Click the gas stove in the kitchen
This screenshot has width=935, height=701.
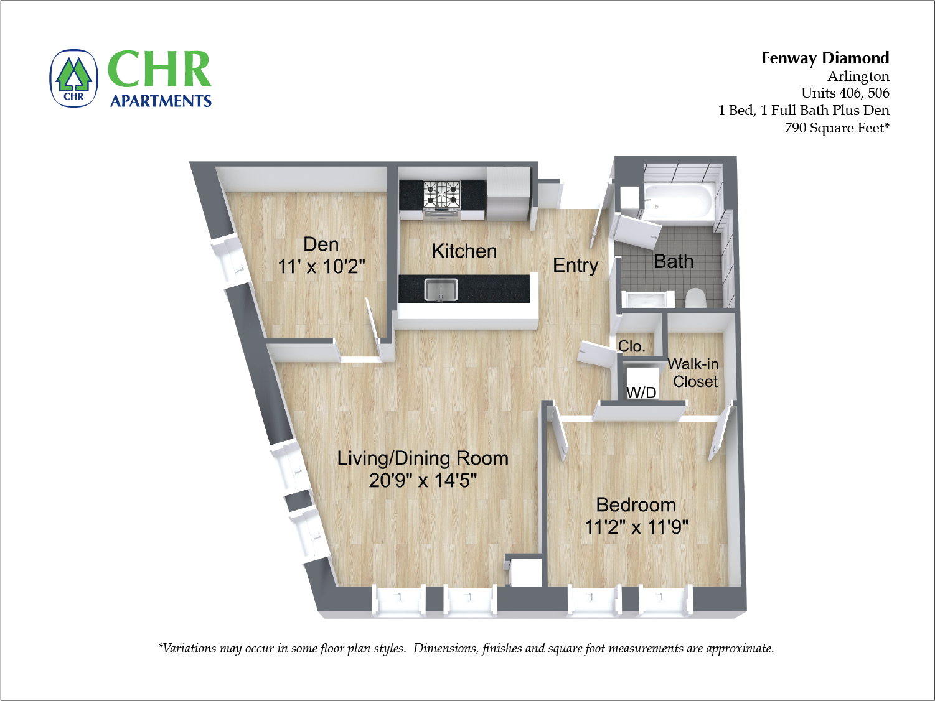click(x=441, y=194)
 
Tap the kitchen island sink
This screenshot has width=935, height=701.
click(x=441, y=289)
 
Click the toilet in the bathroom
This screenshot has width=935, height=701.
click(x=695, y=298)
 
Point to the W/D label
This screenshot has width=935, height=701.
click(x=641, y=392)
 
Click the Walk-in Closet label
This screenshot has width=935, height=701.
click(x=694, y=373)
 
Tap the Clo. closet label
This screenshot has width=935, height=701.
click(x=631, y=346)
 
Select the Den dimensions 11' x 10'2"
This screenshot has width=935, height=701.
click(x=321, y=267)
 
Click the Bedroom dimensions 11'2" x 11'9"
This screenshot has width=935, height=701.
click(x=636, y=527)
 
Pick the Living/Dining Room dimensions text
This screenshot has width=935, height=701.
click(x=423, y=481)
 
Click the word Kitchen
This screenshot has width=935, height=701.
click(x=464, y=251)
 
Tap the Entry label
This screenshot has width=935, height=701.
click(x=575, y=266)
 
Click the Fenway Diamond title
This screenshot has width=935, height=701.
click(x=825, y=58)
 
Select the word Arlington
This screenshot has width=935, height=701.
click(x=858, y=76)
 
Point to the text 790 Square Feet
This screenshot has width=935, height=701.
click(x=836, y=128)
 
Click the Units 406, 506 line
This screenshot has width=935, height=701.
click(x=845, y=93)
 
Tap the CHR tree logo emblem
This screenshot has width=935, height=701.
click(x=74, y=78)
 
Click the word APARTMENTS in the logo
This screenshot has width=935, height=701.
click(x=161, y=101)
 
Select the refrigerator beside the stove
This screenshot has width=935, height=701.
click(x=508, y=194)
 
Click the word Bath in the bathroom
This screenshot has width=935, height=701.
click(x=674, y=261)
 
